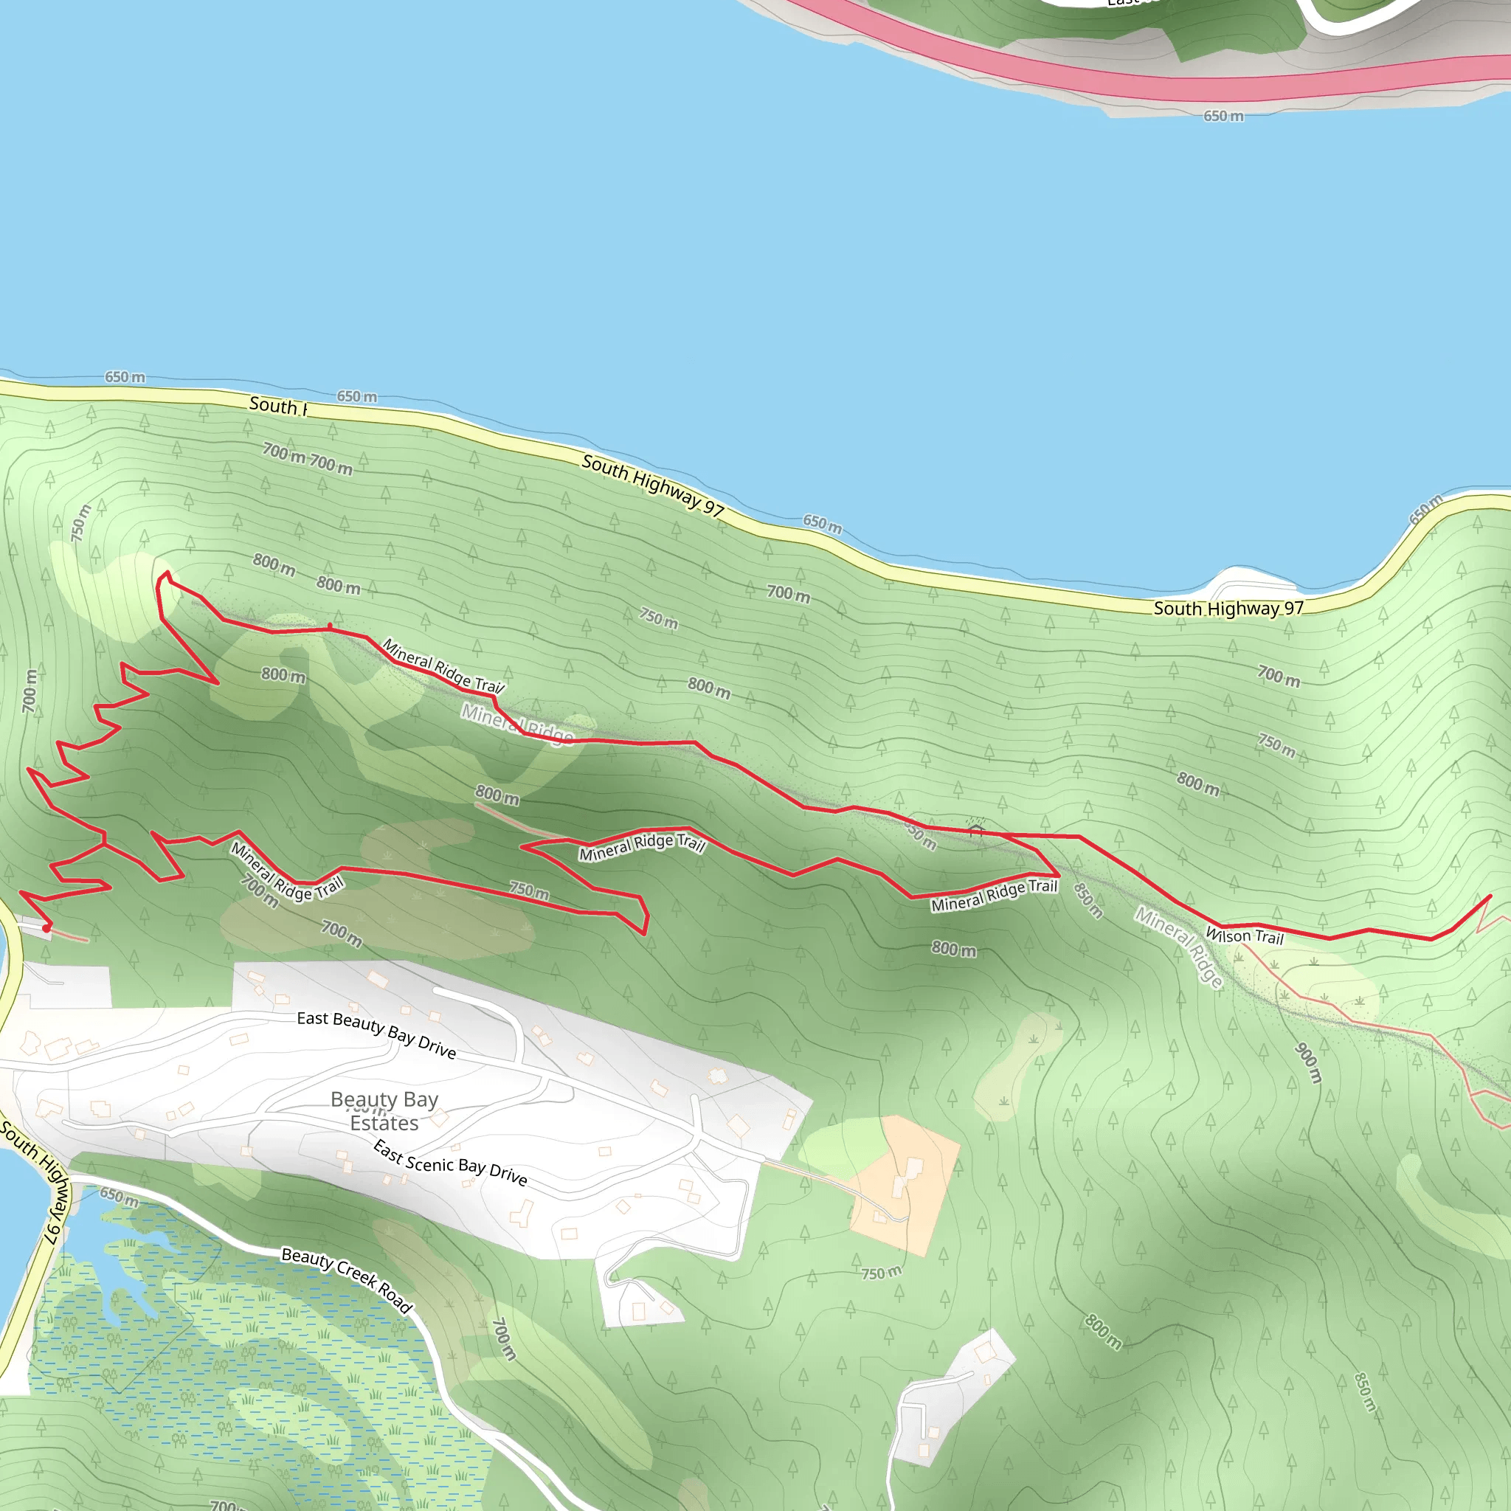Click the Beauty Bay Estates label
[x=384, y=1111]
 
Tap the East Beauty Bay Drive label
[x=376, y=1034]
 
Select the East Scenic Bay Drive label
[x=450, y=1162]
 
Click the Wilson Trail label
[x=1245, y=936]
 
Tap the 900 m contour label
[x=1308, y=1064]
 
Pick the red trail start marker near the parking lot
[x=46, y=927]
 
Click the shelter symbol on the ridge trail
[x=975, y=829]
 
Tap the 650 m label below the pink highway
[x=1223, y=117]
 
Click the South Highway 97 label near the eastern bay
[x=1228, y=609]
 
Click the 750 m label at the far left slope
[x=80, y=523]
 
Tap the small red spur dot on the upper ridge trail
[x=329, y=626]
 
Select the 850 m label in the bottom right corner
[x=1365, y=1391]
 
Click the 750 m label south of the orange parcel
[x=882, y=1273]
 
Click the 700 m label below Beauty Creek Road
[x=505, y=1339]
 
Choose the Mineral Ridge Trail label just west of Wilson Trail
[x=993, y=896]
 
